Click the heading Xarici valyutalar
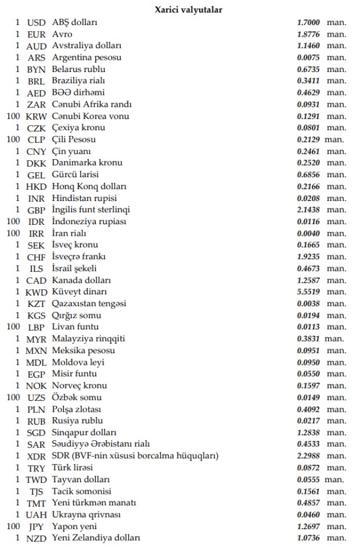pyautogui.click(x=188, y=9)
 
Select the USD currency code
pyautogui.click(x=36, y=23)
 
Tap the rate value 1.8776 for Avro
pyautogui.click(x=308, y=34)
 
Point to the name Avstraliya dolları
pyautogui.click(x=87, y=46)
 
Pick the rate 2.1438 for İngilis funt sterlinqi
pyautogui.click(x=308, y=210)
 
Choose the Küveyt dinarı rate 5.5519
pyautogui.click(x=308, y=292)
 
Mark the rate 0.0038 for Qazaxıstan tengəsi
pyautogui.click(x=308, y=304)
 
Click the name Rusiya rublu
pyautogui.click(x=77, y=421)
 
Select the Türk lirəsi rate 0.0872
pyautogui.click(x=308, y=468)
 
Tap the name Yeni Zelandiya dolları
pyautogui.click(x=96, y=538)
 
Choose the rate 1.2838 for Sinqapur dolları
pyautogui.click(x=308, y=433)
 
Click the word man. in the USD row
pyautogui.click(x=336, y=23)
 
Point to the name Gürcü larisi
pyautogui.click(x=75, y=175)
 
